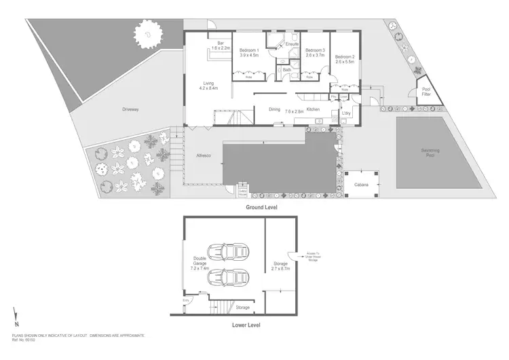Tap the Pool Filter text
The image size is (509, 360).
click(426, 92)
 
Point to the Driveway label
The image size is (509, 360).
click(130, 109)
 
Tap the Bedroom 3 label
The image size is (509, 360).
click(315, 52)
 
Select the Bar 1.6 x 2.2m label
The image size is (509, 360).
click(221, 46)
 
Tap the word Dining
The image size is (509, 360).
click(274, 109)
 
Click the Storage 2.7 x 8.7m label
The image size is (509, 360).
click(281, 266)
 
